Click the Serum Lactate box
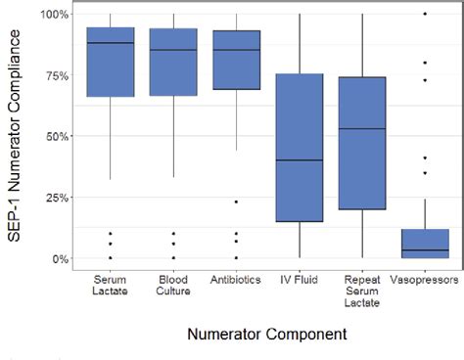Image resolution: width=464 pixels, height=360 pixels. [x=111, y=62]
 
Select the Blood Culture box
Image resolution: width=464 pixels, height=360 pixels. [x=173, y=62]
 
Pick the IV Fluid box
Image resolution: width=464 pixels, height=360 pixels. [x=299, y=147]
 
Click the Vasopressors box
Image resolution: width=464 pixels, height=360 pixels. [x=425, y=245]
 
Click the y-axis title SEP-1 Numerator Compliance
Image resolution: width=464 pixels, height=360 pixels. [x=17, y=137]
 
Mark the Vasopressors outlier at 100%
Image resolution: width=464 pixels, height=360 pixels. [x=425, y=14]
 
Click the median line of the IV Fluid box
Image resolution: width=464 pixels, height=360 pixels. [x=299, y=159]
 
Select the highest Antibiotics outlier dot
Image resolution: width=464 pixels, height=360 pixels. [x=236, y=202]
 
